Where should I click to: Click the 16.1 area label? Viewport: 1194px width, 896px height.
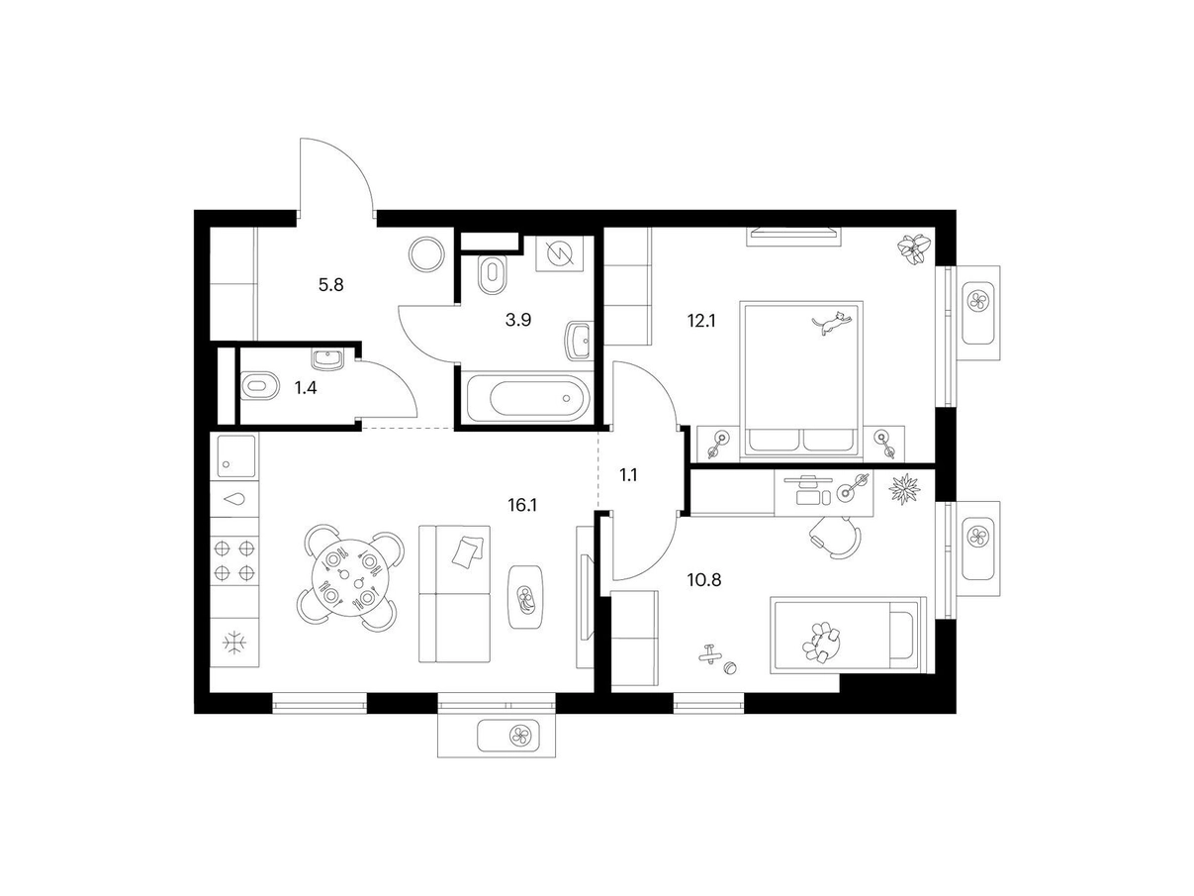[x=522, y=506]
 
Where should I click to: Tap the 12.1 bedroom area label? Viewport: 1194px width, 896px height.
[x=701, y=321]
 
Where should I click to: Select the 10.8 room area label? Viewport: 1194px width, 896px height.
[x=704, y=580]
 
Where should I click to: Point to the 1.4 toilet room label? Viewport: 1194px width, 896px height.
[x=305, y=388]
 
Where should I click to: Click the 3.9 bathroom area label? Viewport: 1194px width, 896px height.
[x=517, y=320]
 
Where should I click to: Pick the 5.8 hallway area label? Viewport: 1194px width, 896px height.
[x=330, y=285]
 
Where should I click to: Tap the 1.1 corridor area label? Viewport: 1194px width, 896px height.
[x=628, y=475]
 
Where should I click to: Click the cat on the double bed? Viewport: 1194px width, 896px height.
[x=831, y=323]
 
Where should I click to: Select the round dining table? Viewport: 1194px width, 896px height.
[x=347, y=577]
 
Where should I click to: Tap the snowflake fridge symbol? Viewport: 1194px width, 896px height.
[x=234, y=644]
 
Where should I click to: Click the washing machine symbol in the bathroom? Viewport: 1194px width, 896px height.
[x=560, y=253]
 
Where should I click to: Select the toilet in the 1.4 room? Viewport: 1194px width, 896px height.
[x=259, y=386]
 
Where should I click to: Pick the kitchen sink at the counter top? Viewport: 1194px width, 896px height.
[x=236, y=456]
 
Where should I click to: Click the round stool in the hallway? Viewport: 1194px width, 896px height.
[x=426, y=254]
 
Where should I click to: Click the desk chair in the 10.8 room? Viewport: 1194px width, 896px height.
[x=836, y=538]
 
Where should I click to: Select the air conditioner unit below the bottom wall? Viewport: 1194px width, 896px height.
[x=508, y=736]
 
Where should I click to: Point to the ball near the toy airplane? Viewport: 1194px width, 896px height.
[x=729, y=667]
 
